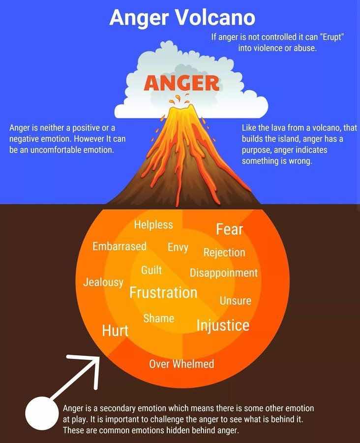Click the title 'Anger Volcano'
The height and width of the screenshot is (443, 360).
[182, 18]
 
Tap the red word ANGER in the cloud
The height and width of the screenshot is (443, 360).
[181, 83]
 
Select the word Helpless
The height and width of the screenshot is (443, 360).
[153, 224]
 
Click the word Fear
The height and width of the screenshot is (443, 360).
[229, 229]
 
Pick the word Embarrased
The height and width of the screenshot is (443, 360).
[120, 247]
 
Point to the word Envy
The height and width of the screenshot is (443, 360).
[178, 247]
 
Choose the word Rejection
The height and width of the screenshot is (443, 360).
[224, 253]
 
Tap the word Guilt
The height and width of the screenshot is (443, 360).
[151, 270]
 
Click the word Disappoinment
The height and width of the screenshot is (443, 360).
[224, 273]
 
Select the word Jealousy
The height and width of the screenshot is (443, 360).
[103, 282]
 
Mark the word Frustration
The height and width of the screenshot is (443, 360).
[163, 292]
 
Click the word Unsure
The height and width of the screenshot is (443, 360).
[236, 301]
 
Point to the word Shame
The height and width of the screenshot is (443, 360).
[159, 318]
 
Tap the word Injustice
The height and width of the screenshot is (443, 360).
[223, 325]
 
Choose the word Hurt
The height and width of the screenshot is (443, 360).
[115, 330]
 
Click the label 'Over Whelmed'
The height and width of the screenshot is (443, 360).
[181, 364]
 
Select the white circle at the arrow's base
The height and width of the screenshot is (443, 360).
[42, 413]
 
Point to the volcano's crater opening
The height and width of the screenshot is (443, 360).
[181, 108]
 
